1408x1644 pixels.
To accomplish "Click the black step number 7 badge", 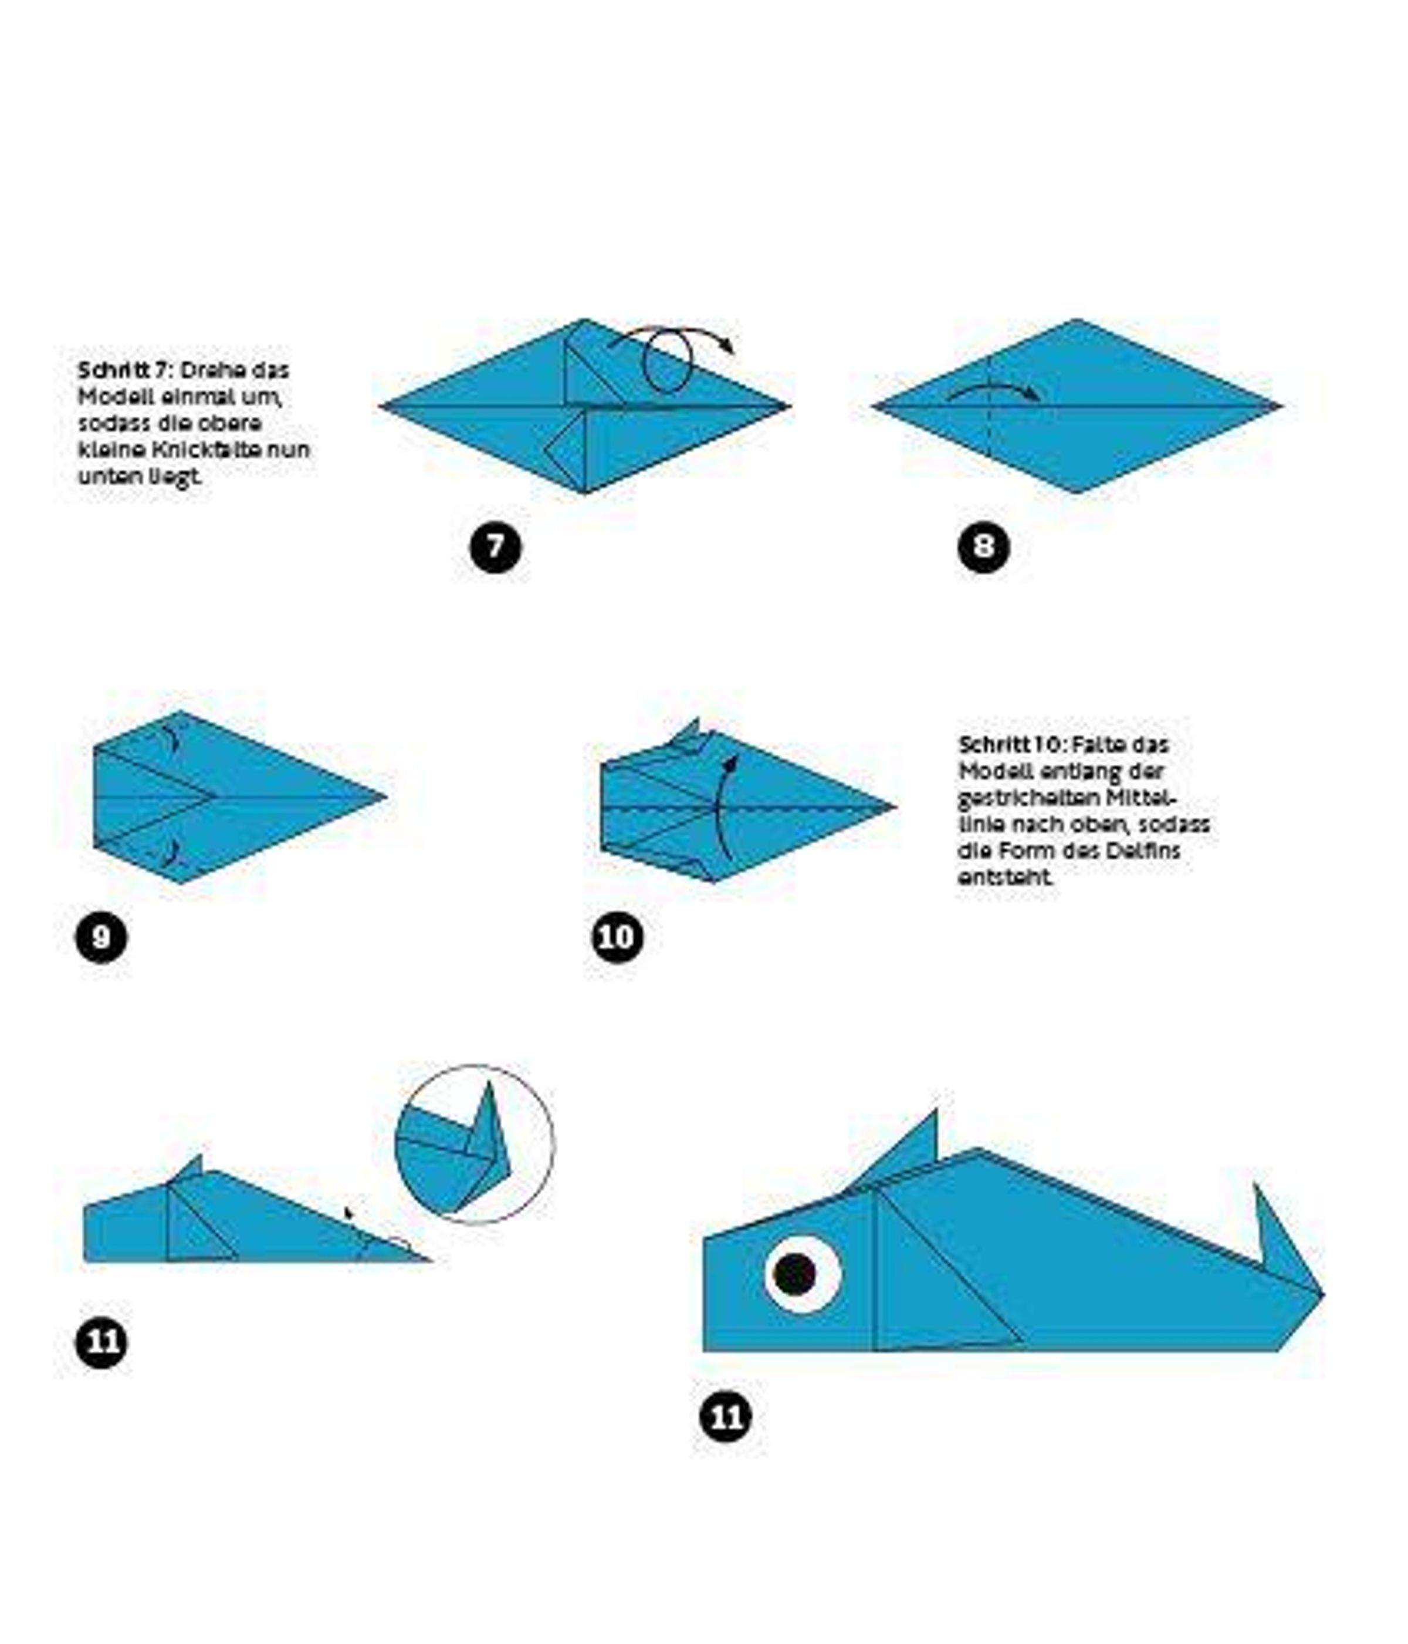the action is (495, 546).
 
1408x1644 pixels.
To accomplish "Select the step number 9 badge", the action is (101, 937).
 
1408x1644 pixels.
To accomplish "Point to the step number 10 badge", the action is (617, 937).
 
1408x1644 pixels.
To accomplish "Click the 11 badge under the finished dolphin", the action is (726, 1416).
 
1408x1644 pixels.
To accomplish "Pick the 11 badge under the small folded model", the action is (101, 1342).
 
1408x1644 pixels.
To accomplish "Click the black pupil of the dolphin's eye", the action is (794, 1274).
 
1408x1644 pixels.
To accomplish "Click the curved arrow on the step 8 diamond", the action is (994, 389).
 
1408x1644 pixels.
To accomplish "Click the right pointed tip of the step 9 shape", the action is (385, 796).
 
